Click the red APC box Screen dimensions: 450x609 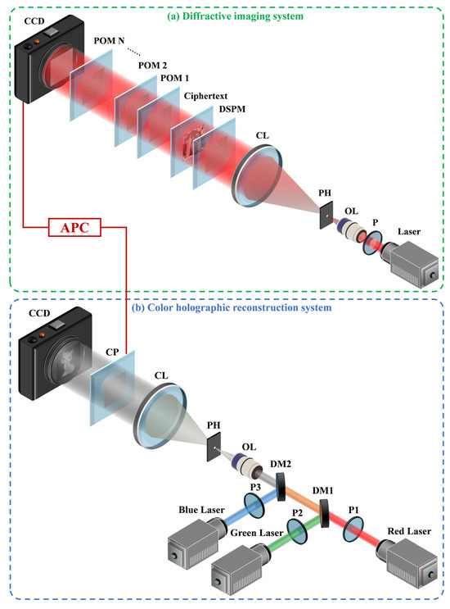coord(74,227)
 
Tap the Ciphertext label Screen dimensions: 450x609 coord(205,96)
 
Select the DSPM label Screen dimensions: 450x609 coord(232,109)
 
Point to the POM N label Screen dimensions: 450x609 coord(109,41)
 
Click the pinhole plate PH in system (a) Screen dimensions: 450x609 coord(326,215)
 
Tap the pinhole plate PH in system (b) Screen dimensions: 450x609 coord(214,448)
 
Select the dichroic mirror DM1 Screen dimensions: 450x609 coord(324,512)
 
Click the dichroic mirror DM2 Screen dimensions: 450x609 coord(281,486)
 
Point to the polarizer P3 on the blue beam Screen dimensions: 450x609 coord(254,505)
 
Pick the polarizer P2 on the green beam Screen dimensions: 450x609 coord(298,530)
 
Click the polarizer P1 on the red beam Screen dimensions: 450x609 coord(353,529)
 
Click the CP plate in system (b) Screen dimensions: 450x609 coord(112,387)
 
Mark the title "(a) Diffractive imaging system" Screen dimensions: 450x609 coord(235,16)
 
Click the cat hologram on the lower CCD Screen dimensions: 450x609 coord(67,362)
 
